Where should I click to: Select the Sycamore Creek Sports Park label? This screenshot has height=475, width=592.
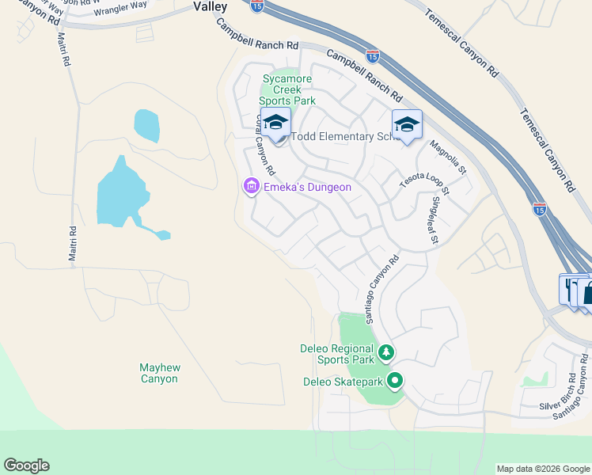pos(289,90)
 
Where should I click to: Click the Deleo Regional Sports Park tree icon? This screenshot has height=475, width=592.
pos(386,351)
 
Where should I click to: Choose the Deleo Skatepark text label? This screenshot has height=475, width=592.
pos(343,382)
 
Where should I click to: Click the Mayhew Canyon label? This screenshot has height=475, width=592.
pos(158,373)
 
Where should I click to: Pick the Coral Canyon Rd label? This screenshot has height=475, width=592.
pos(264,144)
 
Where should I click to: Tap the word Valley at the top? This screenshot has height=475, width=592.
pos(210,6)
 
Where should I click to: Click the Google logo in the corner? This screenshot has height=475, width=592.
pos(26,465)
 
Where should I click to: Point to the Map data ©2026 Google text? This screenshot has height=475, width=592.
pos(542,469)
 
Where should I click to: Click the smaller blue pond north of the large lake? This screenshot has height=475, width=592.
pos(146,123)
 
